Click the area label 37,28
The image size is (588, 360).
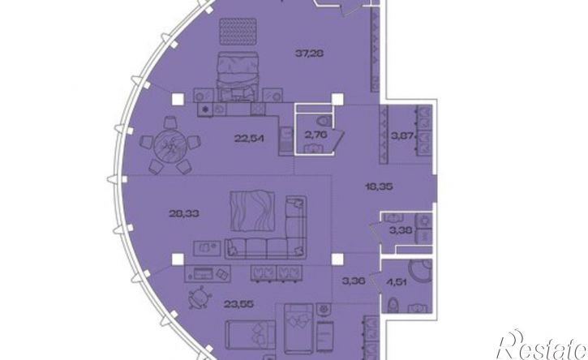pos(309,54)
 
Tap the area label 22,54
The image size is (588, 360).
pos(249,139)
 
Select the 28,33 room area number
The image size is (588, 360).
pos(184,214)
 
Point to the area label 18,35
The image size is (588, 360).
pos(380,186)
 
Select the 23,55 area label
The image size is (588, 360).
pos(238,304)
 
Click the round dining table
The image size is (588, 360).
pos(171,144)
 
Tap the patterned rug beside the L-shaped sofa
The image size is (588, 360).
pos(252,211)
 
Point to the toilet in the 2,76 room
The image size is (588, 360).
pos(324,122)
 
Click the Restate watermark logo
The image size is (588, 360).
pos(541,345)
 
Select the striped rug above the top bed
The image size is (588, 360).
pos(238,32)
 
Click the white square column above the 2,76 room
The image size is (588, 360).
pos(337,100)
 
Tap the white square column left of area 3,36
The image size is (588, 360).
pos(337,259)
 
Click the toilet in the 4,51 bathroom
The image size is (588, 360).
pos(393,305)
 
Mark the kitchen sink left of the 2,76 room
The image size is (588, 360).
pos(286,139)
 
